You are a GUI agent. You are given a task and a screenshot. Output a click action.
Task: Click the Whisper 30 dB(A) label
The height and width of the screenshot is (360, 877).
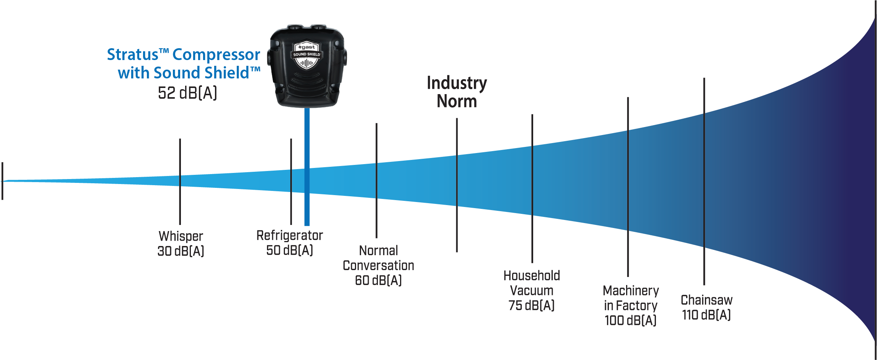click(181, 243)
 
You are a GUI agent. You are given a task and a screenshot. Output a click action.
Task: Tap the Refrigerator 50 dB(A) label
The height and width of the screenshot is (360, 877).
click(290, 243)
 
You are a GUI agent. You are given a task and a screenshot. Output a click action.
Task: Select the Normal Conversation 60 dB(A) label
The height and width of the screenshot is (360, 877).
click(378, 265)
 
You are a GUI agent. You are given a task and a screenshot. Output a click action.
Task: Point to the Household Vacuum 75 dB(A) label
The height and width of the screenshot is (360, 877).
click(532, 290)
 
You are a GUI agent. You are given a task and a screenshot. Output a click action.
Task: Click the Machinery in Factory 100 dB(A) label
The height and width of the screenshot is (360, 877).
click(631, 305)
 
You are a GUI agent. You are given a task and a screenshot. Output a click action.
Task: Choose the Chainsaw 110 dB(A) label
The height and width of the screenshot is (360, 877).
click(706, 307)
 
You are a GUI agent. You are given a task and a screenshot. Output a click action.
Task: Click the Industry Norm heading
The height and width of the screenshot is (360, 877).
click(457, 92)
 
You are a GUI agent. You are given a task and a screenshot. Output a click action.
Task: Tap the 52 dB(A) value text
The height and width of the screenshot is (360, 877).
click(187, 93)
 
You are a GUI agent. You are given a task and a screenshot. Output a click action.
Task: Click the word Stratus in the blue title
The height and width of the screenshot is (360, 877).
click(132, 54)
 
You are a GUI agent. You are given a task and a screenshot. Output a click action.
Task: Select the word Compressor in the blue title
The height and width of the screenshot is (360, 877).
click(216, 55)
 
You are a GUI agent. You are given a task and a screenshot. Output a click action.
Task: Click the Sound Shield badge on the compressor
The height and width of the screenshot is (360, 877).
click(307, 55)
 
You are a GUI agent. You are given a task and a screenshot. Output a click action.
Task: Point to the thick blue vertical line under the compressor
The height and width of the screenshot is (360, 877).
click(307, 167)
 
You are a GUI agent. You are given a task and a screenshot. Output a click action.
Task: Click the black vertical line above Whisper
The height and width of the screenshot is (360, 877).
click(180, 182)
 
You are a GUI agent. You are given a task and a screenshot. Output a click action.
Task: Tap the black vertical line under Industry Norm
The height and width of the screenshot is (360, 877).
click(457, 185)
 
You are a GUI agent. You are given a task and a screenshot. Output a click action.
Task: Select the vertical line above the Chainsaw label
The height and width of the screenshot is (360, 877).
click(704, 181)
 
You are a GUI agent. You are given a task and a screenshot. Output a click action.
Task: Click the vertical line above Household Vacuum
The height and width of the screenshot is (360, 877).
click(532, 189)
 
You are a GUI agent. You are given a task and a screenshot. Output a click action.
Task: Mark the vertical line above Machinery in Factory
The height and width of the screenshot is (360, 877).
click(628, 187)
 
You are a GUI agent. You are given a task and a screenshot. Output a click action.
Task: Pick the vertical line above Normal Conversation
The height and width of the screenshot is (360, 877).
click(376, 181)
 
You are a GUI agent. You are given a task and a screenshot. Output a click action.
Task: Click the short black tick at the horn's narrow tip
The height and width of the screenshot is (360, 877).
click(2, 181)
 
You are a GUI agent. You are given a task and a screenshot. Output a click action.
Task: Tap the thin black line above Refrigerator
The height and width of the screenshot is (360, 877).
click(291, 182)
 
